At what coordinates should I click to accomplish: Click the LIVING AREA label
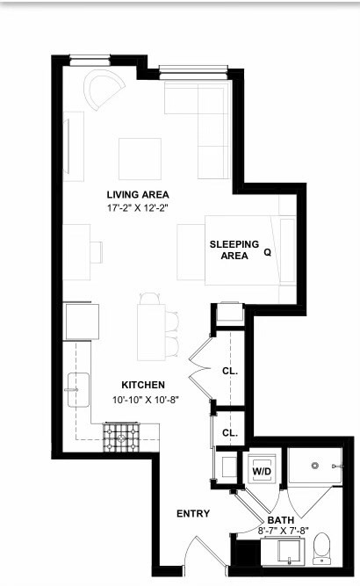[x=138, y=195]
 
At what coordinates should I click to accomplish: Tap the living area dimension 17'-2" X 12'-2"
[x=138, y=208]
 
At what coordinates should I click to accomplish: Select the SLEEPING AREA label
[x=234, y=250]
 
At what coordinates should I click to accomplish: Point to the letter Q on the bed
[x=268, y=253]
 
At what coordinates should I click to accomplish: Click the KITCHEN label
[x=143, y=385]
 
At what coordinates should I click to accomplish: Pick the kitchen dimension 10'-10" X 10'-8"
[x=146, y=400]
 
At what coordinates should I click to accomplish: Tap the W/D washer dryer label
[x=262, y=471]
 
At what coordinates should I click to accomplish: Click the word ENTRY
[x=193, y=514]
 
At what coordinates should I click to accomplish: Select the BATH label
[x=281, y=520]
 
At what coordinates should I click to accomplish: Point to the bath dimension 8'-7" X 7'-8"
[x=284, y=531]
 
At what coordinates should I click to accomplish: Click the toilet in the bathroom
[x=321, y=548]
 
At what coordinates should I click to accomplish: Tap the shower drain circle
[x=315, y=466]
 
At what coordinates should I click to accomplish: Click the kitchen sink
[x=78, y=390]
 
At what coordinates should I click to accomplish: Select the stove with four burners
[x=121, y=438]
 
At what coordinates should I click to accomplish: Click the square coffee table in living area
[x=140, y=159]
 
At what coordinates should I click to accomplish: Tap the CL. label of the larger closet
[x=230, y=371]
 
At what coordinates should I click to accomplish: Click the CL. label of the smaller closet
[x=230, y=433]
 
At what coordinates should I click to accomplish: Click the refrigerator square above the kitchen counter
[x=83, y=322]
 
